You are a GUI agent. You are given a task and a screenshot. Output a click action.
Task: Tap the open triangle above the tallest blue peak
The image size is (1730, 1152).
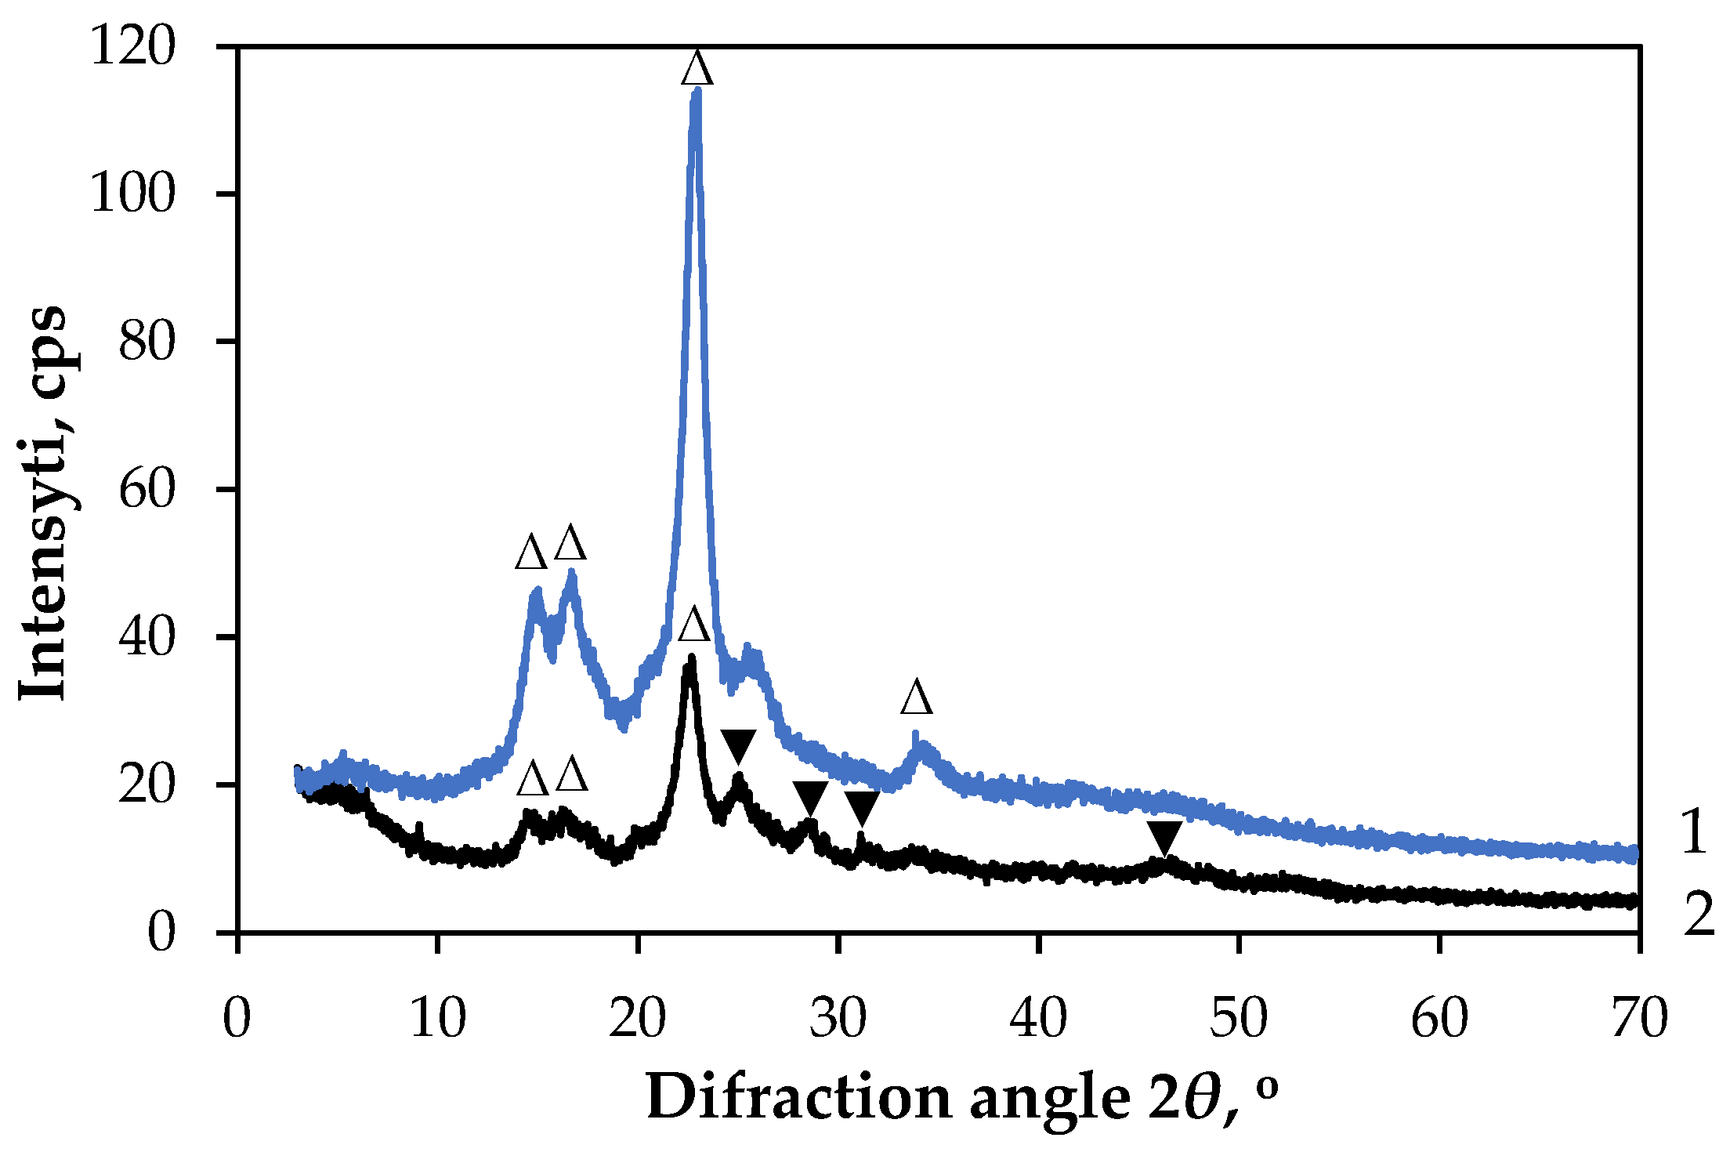coord(697,69)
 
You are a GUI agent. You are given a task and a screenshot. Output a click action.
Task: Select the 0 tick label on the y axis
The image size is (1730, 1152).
coord(161,933)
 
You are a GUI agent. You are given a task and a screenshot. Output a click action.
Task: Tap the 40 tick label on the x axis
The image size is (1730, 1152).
coord(1039,1019)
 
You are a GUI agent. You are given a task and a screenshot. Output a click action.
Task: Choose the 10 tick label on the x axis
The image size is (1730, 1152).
coord(438,1019)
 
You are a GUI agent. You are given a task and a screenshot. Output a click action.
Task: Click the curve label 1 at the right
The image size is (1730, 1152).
coord(1695,832)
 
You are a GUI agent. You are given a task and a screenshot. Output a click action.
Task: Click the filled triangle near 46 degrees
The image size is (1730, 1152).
coord(1164,838)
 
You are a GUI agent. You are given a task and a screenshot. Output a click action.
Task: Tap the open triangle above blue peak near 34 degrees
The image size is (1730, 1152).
coord(917,697)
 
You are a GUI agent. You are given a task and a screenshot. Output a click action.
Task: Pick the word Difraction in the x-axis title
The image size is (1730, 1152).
coord(798,1097)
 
